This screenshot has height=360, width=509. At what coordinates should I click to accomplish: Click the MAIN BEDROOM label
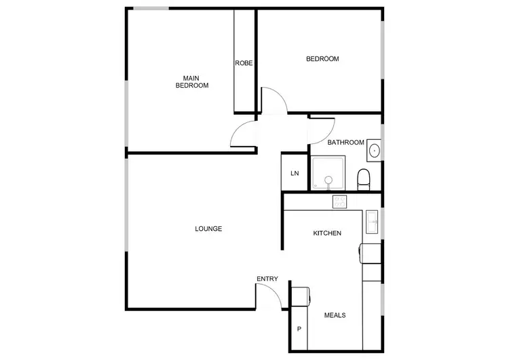(192, 82)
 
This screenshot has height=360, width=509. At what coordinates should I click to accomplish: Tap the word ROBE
(244, 63)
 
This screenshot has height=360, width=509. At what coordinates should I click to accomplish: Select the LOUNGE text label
(208, 229)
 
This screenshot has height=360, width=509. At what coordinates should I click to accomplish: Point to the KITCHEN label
(326, 234)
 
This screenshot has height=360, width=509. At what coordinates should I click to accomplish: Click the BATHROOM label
(346, 143)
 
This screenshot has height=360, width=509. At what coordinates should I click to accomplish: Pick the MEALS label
(335, 315)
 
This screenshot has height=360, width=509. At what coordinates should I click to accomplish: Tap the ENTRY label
(267, 279)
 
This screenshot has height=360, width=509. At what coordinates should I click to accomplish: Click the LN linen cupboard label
(295, 174)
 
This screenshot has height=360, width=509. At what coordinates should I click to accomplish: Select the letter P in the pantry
(299, 330)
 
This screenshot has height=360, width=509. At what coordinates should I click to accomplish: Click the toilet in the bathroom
(364, 179)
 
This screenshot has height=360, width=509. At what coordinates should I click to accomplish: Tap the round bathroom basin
(374, 151)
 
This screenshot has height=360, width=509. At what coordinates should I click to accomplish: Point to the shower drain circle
(328, 180)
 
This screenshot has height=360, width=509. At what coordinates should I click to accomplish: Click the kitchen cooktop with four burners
(339, 201)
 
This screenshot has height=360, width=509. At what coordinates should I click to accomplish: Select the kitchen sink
(372, 219)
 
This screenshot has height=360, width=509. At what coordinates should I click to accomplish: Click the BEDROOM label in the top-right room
(322, 59)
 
